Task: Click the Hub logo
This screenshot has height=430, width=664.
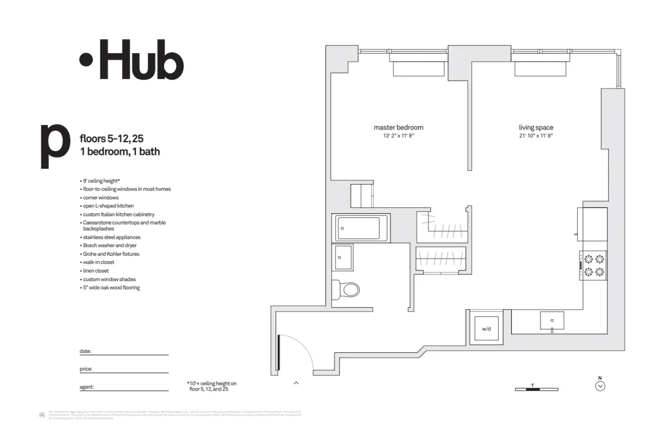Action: [x=131, y=60]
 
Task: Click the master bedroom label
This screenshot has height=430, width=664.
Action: [x=398, y=128]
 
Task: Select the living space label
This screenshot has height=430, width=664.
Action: [x=536, y=128]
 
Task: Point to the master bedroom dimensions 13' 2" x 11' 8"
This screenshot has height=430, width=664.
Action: [x=398, y=136]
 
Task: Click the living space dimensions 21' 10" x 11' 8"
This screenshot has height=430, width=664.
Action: [x=536, y=136]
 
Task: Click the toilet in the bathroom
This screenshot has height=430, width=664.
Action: [x=347, y=289]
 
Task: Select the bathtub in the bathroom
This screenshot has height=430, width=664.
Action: [x=358, y=228]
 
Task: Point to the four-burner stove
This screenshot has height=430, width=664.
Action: [x=594, y=265]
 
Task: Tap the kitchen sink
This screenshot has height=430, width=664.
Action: [x=552, y=321]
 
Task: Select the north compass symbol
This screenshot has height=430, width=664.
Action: [x=600, y=385]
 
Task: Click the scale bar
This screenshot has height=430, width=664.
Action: [x=537, y=389]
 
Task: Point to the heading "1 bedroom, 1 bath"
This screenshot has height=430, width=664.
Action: [x=120, y=152]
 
